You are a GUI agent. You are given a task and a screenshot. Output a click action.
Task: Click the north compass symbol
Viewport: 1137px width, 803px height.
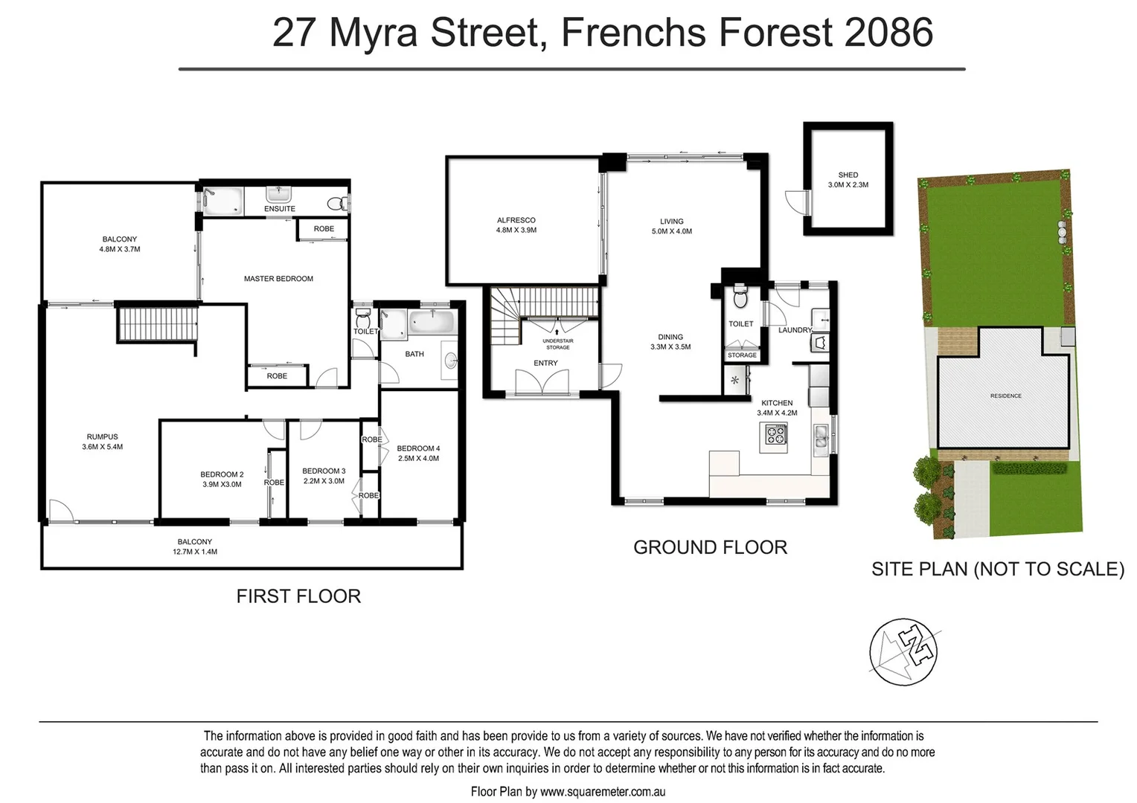tap(903, 652)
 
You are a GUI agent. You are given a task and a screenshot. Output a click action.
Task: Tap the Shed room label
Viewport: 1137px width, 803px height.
tap(848, 175)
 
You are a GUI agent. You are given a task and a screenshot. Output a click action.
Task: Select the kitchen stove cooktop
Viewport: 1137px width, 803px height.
tap(775, 435)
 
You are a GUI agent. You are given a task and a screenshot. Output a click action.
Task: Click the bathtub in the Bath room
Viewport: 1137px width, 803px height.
tap(432, 323)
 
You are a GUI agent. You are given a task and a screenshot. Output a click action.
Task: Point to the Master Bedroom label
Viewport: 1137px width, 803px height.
tap(278, 279)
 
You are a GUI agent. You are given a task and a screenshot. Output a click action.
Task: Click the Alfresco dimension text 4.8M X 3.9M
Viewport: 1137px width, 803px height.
tap(516, 230)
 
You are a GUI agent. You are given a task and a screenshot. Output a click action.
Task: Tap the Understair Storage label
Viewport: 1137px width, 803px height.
tap(557, 344)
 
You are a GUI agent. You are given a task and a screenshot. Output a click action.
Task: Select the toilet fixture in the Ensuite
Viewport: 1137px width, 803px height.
tap(336, 201)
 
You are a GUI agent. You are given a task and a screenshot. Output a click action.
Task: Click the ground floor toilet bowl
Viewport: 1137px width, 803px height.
tap(740, 299)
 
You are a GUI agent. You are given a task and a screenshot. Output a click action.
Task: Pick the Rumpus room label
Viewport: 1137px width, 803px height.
tap(102, 437)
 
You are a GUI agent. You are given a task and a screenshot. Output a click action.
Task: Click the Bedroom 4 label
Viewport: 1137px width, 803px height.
tap(418, 448)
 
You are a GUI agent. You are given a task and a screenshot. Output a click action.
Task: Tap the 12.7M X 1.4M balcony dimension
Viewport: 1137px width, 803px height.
tap(194, 552)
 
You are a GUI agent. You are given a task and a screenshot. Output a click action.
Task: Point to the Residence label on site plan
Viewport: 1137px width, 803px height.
tap(1005, 396)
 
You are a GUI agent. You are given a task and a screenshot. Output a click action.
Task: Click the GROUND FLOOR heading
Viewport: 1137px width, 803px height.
tap(710, 547)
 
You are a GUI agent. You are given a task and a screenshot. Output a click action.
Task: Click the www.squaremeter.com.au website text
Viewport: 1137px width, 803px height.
tap(602, 792)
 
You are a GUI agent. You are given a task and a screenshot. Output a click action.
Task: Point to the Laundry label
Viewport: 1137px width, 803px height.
tap(795, 330)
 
